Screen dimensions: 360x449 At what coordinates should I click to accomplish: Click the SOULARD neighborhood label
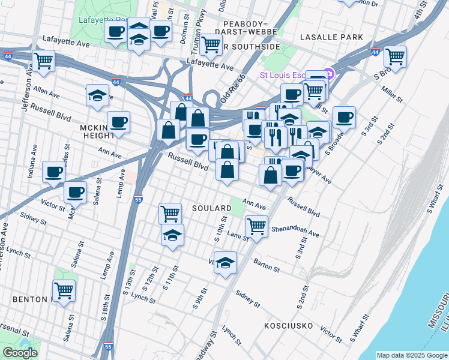[211, 208]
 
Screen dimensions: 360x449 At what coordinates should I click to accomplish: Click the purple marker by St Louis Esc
[328, 75]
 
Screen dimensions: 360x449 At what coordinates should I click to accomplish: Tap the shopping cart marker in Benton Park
[64, 291]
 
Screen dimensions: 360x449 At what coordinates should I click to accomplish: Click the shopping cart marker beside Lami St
[256, 226]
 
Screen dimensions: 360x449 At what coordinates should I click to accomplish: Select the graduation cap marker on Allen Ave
[97, 95]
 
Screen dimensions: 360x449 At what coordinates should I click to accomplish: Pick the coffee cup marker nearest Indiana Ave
[53, 172]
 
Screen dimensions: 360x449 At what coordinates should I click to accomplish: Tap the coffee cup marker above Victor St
[76, 192]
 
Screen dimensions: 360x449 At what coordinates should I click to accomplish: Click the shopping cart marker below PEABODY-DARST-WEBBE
[211, 43]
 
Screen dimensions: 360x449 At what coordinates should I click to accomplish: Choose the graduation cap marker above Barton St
[225, 263]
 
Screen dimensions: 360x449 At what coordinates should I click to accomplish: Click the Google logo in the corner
[19, 353]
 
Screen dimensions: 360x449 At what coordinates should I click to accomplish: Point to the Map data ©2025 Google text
[411, 355]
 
